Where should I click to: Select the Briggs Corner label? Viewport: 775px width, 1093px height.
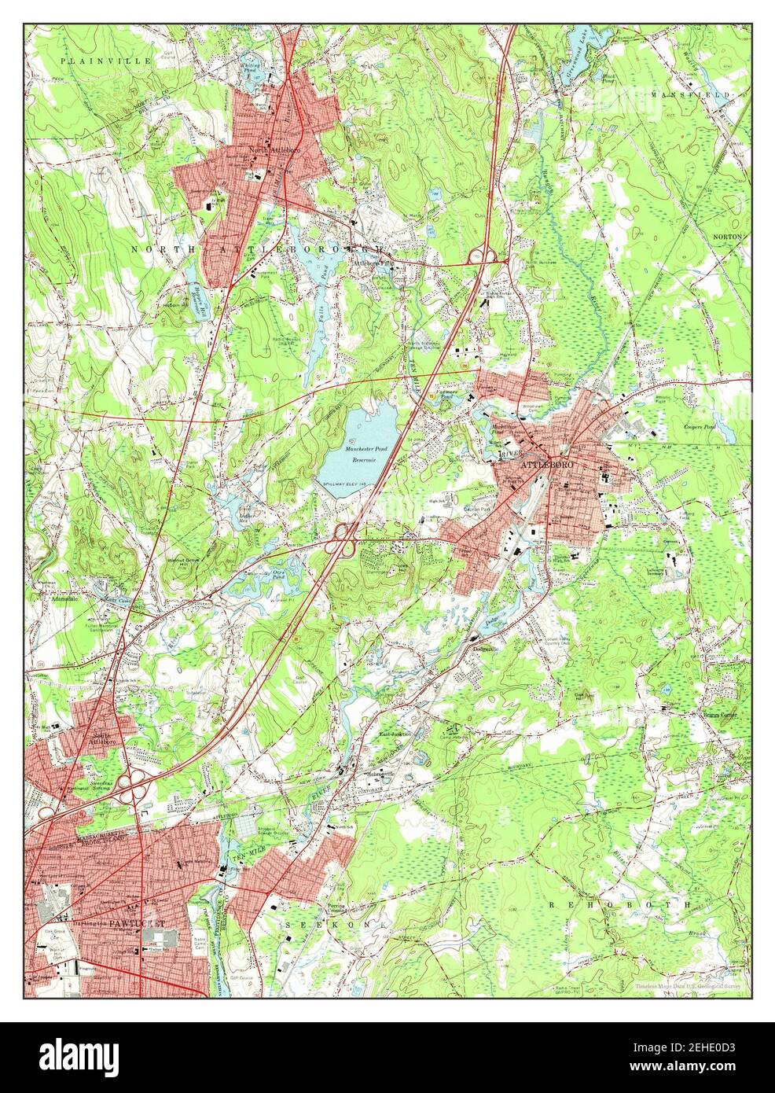coord(708,715)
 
